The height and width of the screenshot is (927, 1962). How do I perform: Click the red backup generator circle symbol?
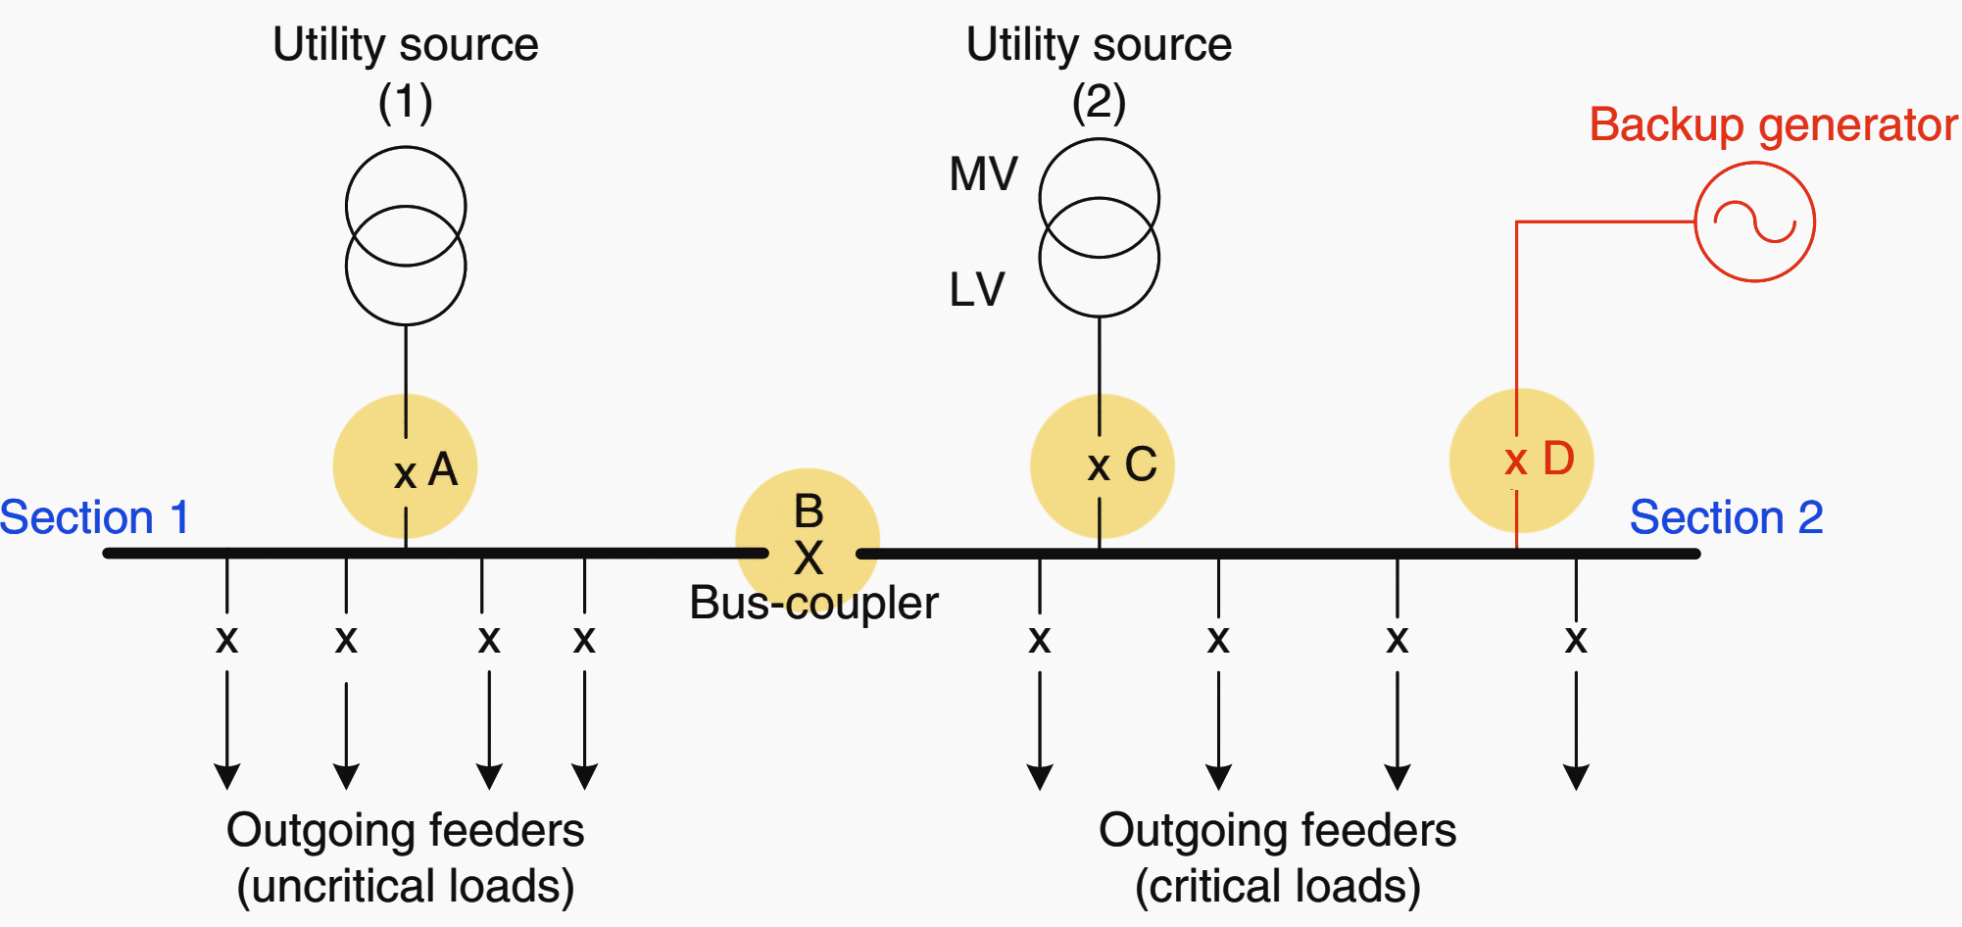(1754, 222)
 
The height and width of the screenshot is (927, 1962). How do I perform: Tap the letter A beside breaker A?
(443, 469)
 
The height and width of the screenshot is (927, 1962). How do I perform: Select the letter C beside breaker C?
(1141, 463)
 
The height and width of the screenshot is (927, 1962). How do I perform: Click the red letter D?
(1558, 459)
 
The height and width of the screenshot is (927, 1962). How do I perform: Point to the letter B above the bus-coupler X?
(809, 511)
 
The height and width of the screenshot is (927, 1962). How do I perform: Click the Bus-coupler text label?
(813, 603)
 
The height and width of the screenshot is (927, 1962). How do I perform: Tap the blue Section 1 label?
(94, 517)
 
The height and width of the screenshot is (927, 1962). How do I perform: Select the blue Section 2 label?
(1726, 517)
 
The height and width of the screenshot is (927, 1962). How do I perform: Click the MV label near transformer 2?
(983, 174)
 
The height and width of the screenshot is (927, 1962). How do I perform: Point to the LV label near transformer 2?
(977, 290)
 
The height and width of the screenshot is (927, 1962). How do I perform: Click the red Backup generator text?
(1773, 125)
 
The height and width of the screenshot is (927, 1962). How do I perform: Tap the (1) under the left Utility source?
(405, 101)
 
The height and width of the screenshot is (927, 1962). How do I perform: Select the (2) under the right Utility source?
(1099, 101)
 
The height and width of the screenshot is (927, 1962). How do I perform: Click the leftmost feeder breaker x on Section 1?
(227, 640)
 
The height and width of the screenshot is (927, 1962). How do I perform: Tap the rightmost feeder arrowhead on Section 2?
(1576, 778)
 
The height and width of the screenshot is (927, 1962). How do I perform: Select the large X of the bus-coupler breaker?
(809, 560)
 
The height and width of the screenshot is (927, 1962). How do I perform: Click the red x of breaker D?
(1516, 461)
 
